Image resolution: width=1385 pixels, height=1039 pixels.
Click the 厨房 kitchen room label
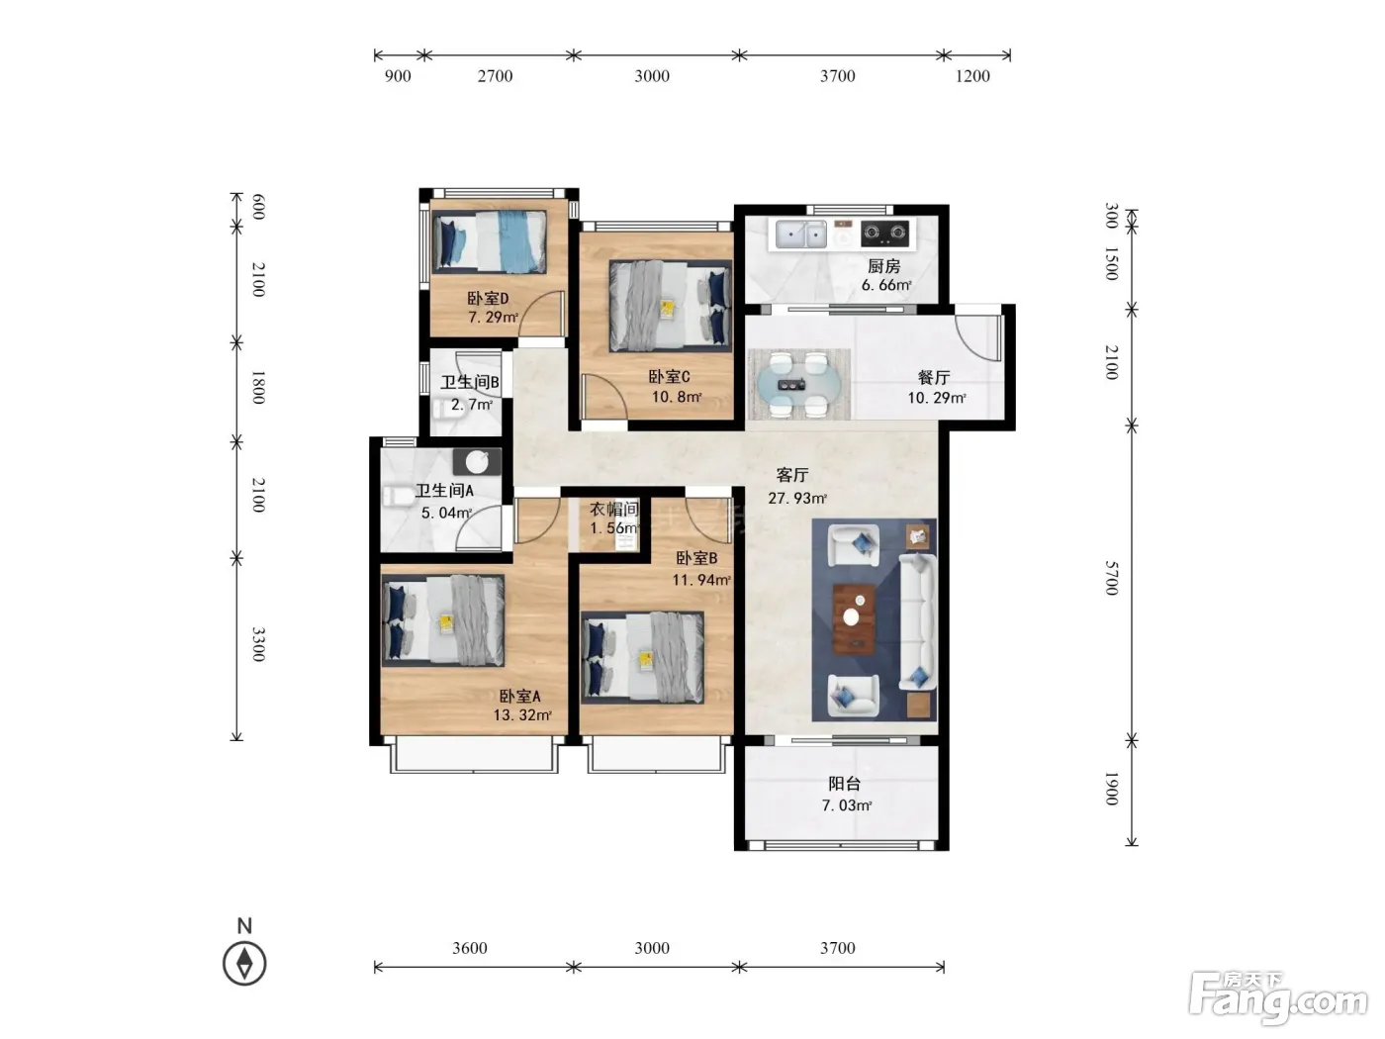[883, 266]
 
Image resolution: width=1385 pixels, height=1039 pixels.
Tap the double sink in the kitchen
[800, 235]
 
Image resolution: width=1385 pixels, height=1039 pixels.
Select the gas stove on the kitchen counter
[885, 234]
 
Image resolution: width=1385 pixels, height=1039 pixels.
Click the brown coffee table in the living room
[854, 618]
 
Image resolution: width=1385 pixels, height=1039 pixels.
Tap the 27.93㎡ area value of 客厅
[797, 499]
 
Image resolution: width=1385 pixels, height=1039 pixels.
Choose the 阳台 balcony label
[844, 784]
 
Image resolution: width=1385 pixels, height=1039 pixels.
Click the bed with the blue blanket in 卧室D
[489, 241]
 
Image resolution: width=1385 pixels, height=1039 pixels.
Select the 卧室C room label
[669, 377]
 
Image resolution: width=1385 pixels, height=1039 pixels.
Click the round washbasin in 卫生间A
[477, 462]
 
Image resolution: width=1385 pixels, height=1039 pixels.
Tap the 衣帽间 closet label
[613, 509]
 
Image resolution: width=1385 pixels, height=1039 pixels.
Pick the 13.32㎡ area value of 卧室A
[522, 715]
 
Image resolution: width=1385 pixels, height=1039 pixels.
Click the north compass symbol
[244, 963]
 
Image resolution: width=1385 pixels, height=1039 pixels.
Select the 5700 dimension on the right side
[1112, 578]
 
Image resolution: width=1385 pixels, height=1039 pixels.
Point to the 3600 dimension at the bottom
[470, 948]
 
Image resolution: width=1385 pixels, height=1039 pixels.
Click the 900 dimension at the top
[398, 76]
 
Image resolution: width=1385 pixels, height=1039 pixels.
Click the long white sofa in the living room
[917, 622]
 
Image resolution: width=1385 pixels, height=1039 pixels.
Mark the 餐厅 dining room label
[934, 377]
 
